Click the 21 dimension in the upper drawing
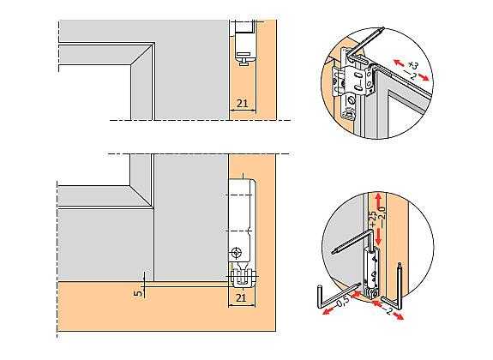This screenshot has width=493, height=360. pyautogui.click(x=242, y=103)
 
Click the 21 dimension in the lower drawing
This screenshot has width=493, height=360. pyautogui.click(x=241, y=297)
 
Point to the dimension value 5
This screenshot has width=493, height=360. pyautogui.click(x=137, y=293)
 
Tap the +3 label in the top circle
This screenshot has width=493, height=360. pyautogui.click(x=413, y=65)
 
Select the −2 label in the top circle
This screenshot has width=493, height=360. pyautogui.click(x=410, y=75)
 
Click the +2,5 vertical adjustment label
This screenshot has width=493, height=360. pyautogui.click(x=373, y=219)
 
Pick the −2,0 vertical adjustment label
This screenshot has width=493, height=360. pyautogui.click(x=382, y=213)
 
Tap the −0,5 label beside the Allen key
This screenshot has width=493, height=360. pyautogui.click(x=341, y=302)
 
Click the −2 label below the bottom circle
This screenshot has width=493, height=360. pyautogui.click(x=388, y=310)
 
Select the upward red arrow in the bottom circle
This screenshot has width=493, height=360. pyautogui.click(x=379, y=201)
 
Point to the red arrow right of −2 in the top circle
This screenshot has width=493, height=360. pyautogui.click(x=424, y=77)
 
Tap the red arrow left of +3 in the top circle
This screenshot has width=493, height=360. pyautogui.click(x=400, y=63)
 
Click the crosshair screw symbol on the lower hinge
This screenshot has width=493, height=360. pyautogui.click(x=236, y=253)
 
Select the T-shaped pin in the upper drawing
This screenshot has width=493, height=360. pyautogui.click(x=244, y=60)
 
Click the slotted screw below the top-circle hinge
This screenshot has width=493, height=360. pyautogui.click(x=352, y=101)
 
